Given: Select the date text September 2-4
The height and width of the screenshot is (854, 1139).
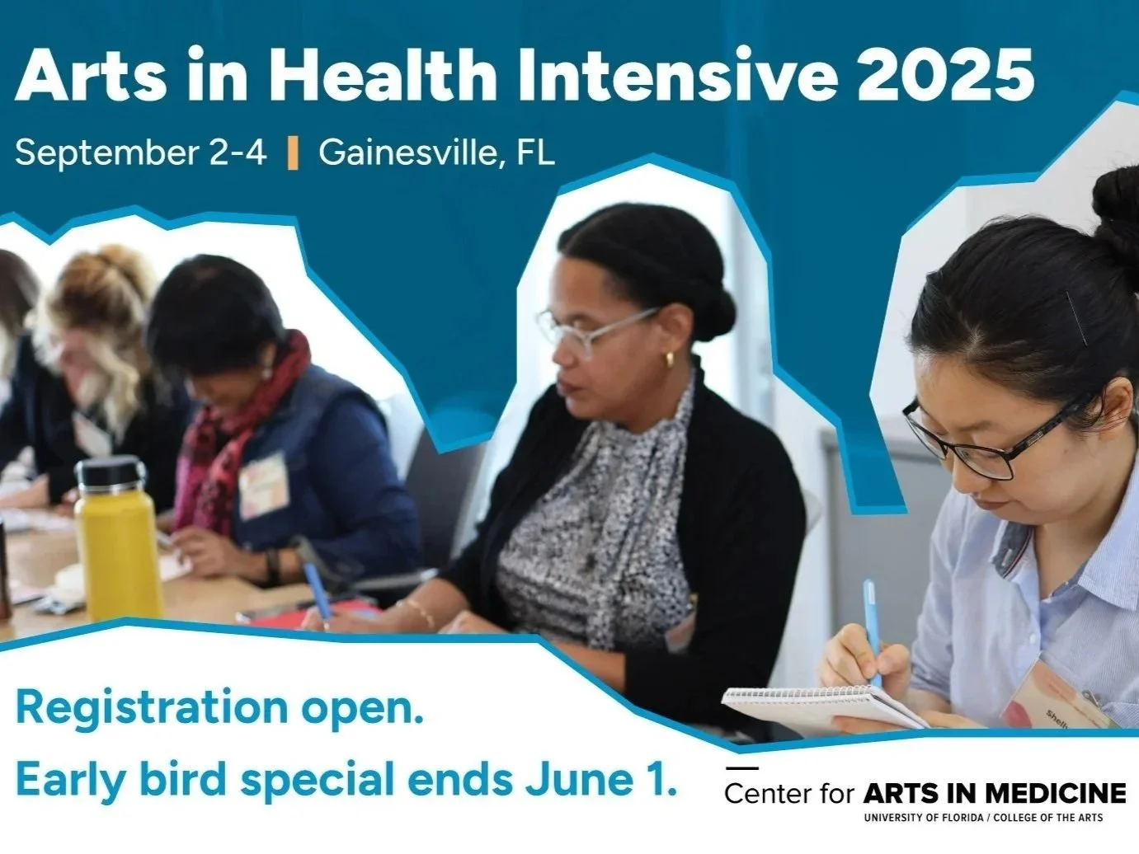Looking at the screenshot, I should pos(141,152).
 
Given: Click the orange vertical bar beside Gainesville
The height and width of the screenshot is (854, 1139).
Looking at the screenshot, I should pos(293,153).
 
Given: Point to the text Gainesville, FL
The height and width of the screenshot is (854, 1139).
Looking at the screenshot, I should pos(436,152).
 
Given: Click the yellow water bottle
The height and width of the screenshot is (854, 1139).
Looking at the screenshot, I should pos(117,544).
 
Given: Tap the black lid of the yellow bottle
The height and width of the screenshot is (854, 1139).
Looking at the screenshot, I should pos(110,474).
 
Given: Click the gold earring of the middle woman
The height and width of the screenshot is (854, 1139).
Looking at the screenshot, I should pos(670,359).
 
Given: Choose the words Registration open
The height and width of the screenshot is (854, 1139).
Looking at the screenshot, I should pos(219,707).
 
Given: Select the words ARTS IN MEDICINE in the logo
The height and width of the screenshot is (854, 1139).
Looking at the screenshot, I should pos(994,793).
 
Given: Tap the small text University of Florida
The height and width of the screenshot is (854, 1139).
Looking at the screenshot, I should pos(923,819).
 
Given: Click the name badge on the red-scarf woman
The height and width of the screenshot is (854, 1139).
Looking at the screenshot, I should pos(263,486).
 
